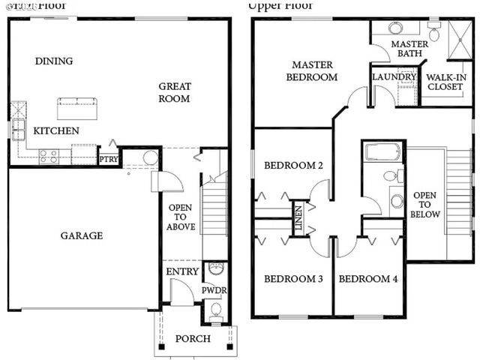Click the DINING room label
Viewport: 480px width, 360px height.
(x=54, y=61)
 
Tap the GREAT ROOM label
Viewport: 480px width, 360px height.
(x=174, y=92)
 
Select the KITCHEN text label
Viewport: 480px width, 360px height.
(x=56, y=130)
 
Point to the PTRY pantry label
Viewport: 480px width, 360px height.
(x=108, y=159)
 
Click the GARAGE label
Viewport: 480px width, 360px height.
(x=82, y=235)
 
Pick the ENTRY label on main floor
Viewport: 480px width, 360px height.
(x=182, y=271)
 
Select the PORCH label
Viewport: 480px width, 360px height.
(x=193, y=339)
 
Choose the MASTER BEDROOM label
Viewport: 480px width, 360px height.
(x=314, y=71)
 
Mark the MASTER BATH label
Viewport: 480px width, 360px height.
(x=409, y=49)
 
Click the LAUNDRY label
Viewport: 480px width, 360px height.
(x=394, y=76)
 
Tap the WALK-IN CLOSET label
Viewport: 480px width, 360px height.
(x=445, y=81)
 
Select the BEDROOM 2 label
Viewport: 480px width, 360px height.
(x=293, y=165)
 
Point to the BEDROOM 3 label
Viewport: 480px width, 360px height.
(x=293, y=279)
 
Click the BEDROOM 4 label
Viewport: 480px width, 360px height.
(x=368, y=279)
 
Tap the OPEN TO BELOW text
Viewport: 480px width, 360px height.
(x=425, y=204)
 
